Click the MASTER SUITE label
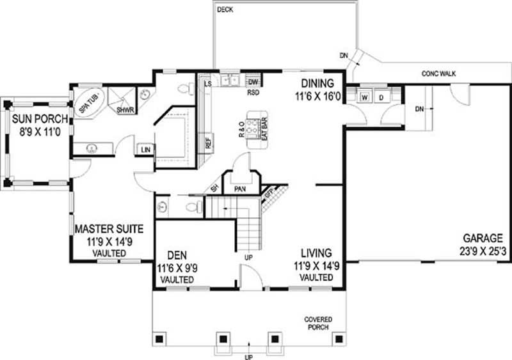click(x=109, y=229)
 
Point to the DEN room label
click(x=175, y=254)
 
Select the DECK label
click(x=225, y=10)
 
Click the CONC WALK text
click(x=438, y=74)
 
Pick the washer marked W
click(x=364, y=98)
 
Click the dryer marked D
click(x=381, y=98)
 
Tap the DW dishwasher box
click(x=253, y=82)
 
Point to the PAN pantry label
click(x=241, y=189)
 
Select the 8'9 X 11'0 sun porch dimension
click(x=35, y=134)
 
